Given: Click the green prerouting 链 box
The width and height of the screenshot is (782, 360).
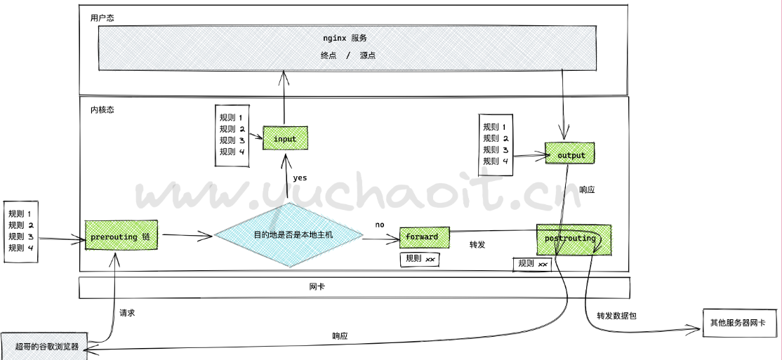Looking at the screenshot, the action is [121, 236].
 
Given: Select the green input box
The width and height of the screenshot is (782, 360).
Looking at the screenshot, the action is [285, 139].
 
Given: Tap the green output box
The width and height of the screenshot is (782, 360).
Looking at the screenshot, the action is [570, 154].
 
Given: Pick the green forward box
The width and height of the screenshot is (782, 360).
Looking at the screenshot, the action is [423, 236].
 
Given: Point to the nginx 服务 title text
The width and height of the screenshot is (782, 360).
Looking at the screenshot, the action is [345, 38].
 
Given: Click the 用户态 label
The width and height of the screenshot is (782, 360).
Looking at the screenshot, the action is [102, 18].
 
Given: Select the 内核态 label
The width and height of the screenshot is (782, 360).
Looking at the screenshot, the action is [102, 110].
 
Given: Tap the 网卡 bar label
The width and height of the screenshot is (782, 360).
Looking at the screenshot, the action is [317, 287].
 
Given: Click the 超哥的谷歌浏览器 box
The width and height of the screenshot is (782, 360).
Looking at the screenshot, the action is [45, 346].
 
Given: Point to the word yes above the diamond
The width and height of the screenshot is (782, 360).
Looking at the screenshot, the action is [300, 178].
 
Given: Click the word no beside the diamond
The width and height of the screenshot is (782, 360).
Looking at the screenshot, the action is [380, 225].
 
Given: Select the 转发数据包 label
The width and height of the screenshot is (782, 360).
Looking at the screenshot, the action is [616, 316].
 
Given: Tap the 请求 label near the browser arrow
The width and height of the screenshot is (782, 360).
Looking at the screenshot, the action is [127, 313].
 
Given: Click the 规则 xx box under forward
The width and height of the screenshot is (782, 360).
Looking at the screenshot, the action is [420, 259].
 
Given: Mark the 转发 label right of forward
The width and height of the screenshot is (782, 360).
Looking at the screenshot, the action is [478, 244].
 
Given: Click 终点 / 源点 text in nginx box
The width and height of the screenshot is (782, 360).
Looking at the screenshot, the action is [347, 55].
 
